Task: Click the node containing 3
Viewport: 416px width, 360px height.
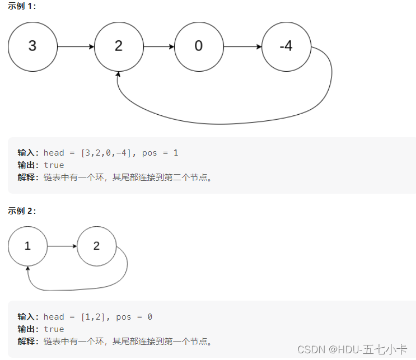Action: pyautogui.click(x=32, y=46)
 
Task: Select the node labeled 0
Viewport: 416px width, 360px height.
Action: pyautogui.click(x=199, y=46)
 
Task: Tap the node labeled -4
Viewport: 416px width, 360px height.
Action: pyautogui.click(x=286, y=46)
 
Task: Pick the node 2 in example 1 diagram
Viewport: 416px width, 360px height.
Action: pyautogui.click(x=118, y=46)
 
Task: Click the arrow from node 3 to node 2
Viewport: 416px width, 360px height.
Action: pyautogui.click(x=76, y=46)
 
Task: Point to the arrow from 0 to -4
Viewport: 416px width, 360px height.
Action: pyautogui.click(x=242, y=46)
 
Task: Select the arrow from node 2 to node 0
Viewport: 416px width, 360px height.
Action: pyautogui.click(x=158, y=46)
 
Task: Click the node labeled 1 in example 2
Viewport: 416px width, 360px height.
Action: pyautogui.click(x=27, y=246)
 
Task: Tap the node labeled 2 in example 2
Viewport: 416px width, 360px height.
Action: pyautogui.click(x=96, y=246)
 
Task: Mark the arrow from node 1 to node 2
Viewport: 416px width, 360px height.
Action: pyautogui.click(x=62, y=246)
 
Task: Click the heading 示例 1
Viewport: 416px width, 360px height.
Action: pyautogui.click(x=21, y=6)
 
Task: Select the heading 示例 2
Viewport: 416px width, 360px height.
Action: pyautogui.click(x=21, y=211)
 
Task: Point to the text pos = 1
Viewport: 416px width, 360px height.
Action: pyautogui.click(x=160, y=153)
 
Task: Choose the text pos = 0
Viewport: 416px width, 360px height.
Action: pyautogui.click(x=134, y=317)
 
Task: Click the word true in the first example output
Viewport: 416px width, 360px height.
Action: pyautogui.click(x=54, y=165)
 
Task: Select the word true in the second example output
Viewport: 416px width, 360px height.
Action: pyautogui.click(x=54, y=329)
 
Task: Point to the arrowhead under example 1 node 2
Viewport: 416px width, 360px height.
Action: pyautogui.click(x=118, y=74)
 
